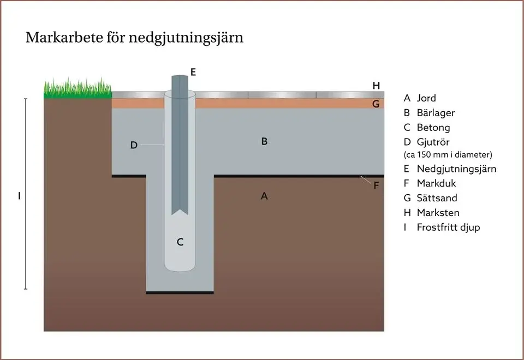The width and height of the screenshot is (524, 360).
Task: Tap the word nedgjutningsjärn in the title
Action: pos(186,38)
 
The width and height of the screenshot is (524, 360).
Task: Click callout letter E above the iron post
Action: pos(193,72)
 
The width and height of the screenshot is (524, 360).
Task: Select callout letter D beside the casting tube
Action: pos(134,145)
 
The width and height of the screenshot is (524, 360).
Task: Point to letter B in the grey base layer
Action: pos(264,141)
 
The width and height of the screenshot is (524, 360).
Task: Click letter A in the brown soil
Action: pos(264,196)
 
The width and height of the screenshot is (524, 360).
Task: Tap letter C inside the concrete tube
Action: pos(180,242)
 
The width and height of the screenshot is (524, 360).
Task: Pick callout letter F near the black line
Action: pos(376,185)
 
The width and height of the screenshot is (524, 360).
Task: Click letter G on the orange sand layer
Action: pos(376,104)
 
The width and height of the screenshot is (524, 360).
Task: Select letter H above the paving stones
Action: pos(376,86)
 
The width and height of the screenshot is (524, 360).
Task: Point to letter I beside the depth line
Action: pos(20,196)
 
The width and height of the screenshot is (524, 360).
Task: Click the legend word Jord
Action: pos(426,98)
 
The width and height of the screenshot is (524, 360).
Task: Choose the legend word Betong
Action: pos(433,128)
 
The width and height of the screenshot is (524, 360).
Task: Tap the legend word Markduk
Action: pos(437,183)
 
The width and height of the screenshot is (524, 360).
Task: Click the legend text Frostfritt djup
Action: pos(449,227)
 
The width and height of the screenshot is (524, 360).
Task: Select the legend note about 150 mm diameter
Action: pos(448,154)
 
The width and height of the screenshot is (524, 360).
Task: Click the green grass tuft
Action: pos(78,88)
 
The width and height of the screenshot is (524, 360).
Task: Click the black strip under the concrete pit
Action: pos(180,293)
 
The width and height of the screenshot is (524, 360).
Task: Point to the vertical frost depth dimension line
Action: pos(26,194)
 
